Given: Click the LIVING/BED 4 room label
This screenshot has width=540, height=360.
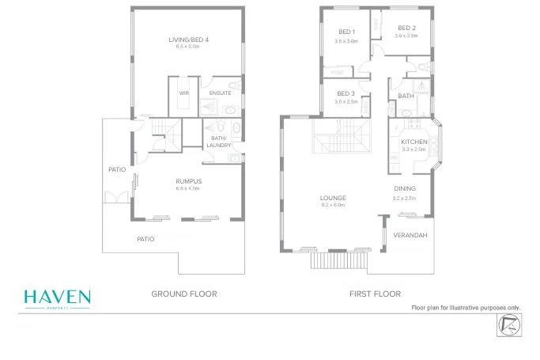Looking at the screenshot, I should (x=188, y=39).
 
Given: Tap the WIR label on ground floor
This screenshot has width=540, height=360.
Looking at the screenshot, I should (x=184, y=93).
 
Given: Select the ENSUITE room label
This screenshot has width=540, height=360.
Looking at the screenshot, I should (x=221, y=93).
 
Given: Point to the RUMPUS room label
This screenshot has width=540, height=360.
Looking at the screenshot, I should (x=187, y=181).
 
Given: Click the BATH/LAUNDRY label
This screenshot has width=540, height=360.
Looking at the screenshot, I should (x=219, y=142).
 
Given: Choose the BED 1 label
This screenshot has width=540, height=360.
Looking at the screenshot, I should (x=346, y=32).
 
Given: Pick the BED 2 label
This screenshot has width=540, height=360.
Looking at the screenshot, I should (x=405, y=28).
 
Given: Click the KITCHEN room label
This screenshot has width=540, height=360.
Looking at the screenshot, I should (x=413, y=142).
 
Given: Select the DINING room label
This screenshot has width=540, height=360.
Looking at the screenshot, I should (x=405, y=188).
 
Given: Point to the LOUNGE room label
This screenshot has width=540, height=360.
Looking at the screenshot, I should (x=335, y=198).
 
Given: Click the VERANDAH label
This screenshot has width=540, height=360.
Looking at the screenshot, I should (x=410, y=235).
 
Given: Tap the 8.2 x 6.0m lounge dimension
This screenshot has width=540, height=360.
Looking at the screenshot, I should (x=335, y=205).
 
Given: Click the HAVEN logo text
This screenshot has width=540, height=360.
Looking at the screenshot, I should (x=57, y=297).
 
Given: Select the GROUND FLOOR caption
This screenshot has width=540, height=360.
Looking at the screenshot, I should (x=184, y=294).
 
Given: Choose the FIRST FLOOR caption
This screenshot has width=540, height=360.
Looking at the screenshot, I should (x=375, y=294).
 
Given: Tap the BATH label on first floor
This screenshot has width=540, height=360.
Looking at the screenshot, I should (x=406, y=96).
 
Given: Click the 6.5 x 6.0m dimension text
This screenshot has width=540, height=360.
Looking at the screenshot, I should (x=188, y=47).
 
